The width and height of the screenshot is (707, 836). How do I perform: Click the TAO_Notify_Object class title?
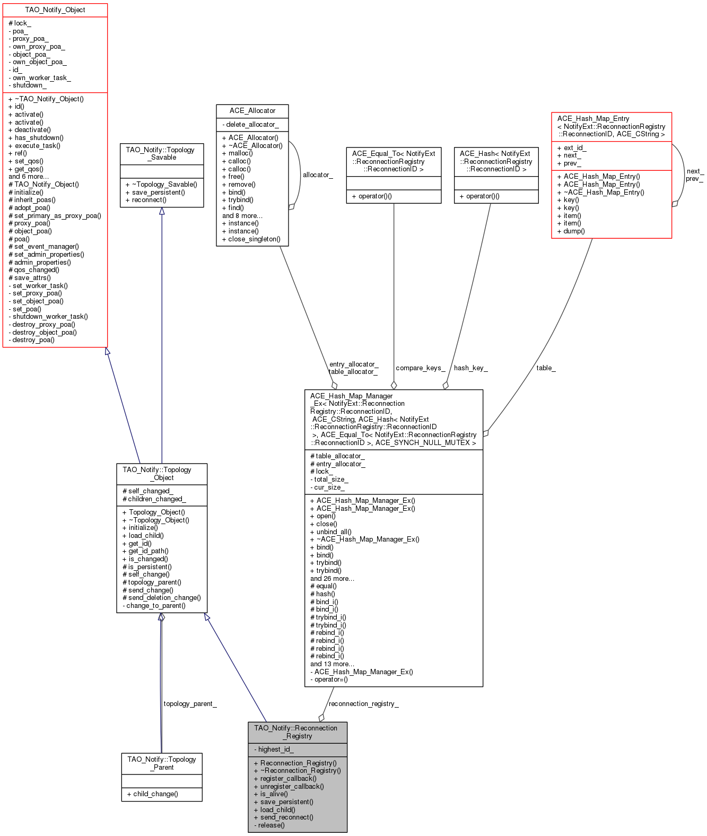[55, 10]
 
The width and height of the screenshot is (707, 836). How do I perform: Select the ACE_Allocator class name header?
[252, 111]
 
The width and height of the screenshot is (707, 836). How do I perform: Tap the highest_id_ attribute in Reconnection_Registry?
[274, 749]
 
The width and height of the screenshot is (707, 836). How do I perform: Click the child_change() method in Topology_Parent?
[152, 794]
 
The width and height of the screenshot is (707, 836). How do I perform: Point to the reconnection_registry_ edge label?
[364, 703]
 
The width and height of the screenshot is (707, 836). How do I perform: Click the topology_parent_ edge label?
[190, 703]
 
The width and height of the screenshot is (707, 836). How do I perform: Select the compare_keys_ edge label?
[420, 368]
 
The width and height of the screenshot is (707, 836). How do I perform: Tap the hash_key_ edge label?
[471, 368]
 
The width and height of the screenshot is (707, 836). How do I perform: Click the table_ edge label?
[546, 368]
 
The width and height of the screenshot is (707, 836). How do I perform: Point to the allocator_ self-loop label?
[318, 175]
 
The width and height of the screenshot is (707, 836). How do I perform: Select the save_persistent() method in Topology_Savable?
[155, 192]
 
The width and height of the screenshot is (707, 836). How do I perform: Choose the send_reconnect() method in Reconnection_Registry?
[284, 817]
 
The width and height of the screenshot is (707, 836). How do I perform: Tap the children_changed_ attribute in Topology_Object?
[154, 499]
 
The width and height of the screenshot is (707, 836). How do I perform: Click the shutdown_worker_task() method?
[48, 316]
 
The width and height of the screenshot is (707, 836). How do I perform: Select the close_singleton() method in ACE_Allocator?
[251, 239]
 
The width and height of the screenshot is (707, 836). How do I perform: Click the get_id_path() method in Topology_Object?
[145, 551]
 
